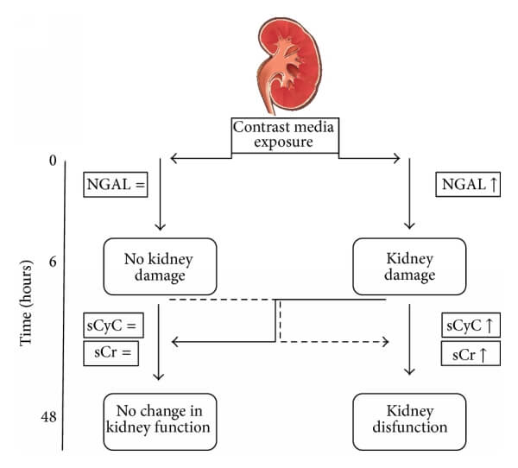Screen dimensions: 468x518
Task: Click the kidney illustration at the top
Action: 286,64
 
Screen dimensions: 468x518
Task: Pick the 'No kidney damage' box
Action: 159,266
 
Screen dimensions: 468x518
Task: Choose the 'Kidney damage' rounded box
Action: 409,266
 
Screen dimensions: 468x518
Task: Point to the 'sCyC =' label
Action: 112,326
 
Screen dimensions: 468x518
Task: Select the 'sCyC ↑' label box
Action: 471,326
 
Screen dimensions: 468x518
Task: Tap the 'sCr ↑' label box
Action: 471,352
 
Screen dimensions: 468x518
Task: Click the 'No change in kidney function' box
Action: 159,421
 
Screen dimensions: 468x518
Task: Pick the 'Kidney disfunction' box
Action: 409,421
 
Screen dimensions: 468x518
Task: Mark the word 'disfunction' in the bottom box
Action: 409,428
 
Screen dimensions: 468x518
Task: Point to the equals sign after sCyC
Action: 135,326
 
